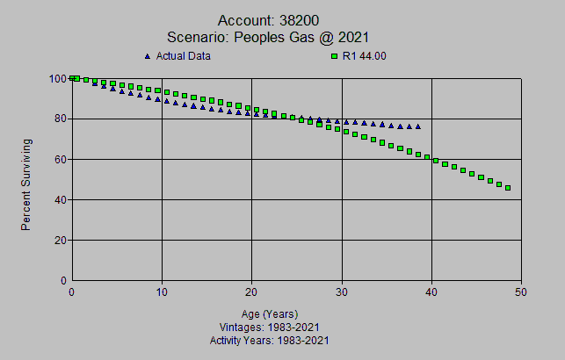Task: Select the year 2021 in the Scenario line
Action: (x=351, y=37)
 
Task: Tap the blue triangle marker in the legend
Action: (x=147, y=56)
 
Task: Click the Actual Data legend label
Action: (x=183, y=56)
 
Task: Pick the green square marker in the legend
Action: (x=334, y=56)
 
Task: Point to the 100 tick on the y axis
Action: (x=57, y=78)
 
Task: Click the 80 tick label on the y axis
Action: (x=60, y=119)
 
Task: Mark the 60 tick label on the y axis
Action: (x=60, y=159)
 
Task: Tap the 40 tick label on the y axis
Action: (x=60, y=199)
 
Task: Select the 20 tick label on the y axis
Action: (x=60, y=240)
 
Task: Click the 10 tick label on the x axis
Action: (x=162, y=292)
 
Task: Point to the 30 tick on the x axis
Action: (x=342, y=292)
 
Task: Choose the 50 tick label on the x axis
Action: (x=521, y=292)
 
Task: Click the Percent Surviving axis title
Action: (x=26, y=184)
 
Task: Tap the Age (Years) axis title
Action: (x=270, y=313)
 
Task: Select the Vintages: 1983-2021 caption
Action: (x=270, y=327)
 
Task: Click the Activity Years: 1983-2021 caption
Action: (x=270, y=339)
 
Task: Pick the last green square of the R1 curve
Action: (x=508, y=188)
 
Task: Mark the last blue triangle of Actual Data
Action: (x=417, y=126)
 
